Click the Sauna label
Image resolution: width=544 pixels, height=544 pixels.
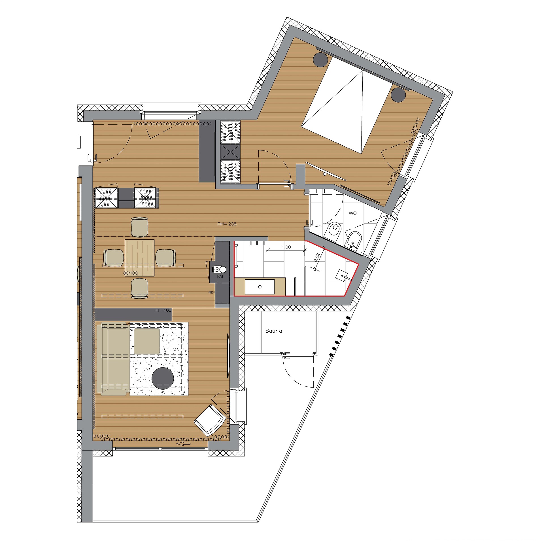click(274, 331)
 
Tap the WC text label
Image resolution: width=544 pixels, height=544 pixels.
click(352, 213)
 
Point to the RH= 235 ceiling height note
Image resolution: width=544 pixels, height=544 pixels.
click(227, 224)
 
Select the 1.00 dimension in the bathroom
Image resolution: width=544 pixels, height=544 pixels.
click(286, 247)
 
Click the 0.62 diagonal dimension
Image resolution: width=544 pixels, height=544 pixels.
click(317, 257)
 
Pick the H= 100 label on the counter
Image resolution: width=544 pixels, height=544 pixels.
click(163, 310)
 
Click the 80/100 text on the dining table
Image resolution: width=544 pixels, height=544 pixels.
click(130, 273)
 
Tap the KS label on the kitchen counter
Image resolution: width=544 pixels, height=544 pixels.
click(220, 276)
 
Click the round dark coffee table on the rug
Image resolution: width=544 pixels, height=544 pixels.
click(163, 378)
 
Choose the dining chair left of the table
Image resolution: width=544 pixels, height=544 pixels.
click(114, 258)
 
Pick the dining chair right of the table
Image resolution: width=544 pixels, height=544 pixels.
click(165, 258)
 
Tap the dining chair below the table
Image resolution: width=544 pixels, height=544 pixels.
click(140, 288)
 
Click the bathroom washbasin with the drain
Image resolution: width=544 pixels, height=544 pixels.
click(260, 287)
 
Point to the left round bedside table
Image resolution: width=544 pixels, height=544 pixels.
click(320, 60)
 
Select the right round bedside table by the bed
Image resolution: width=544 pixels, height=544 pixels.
click(398, 95)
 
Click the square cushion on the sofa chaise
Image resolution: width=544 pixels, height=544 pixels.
click(147, 341)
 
